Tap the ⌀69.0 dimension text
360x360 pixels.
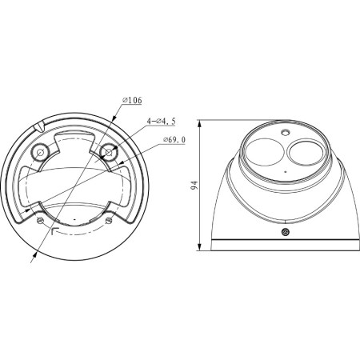(174, 140)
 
